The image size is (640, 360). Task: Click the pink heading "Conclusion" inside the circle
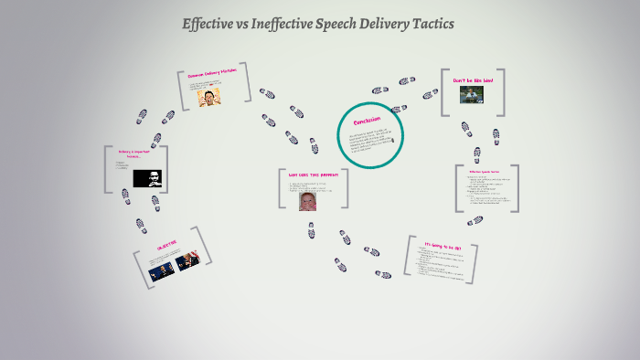(368, 121)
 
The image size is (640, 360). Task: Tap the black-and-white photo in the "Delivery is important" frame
(147, 178)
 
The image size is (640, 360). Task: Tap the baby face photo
(309, 200)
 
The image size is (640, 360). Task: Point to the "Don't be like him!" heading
(473, 80)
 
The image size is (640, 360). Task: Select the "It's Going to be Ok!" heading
(442, 245)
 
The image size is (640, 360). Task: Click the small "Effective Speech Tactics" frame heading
(485, 172)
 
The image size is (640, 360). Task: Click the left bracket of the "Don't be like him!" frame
(444, 93)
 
